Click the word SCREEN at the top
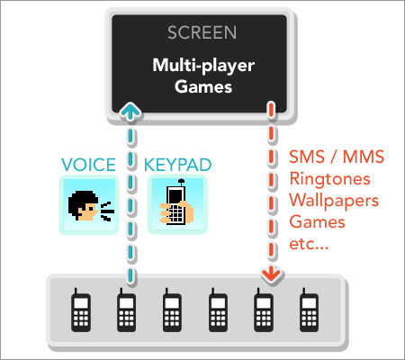click(202, 32)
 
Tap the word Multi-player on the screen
click(203, 66)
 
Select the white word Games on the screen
click(203, 86)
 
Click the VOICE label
click(88, 165)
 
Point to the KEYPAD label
click(178, 165)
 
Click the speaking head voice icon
click(89, 205)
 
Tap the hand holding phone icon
click(177, 204)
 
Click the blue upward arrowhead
click(130, 111)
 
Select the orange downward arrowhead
click(272, 274)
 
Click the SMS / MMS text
click(337, 157)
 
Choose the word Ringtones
click(329, 179)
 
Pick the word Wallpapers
click(334, 201)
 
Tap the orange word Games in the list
click(317, 222)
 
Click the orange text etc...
click(309, 244)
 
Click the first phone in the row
click(81, 310)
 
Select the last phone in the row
click(309, 310)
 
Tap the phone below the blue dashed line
click(126, 310)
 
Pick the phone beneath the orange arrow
click(264, 310)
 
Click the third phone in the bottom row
click(172, 310)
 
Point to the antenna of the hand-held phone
click(181, 183)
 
